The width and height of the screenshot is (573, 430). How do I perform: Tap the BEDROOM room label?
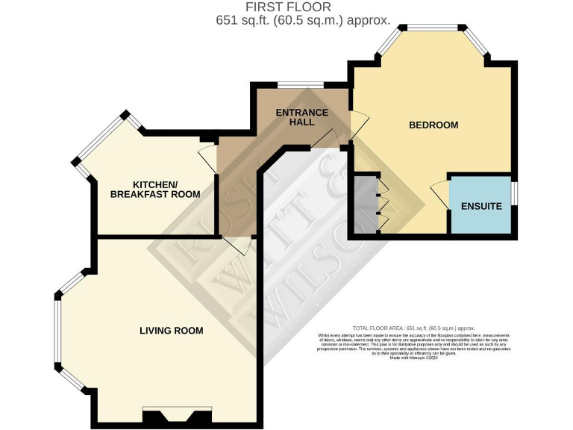pyautogui.click(x=433, y=125)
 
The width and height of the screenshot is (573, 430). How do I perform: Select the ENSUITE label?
pyautogui.click(x=481, y=205)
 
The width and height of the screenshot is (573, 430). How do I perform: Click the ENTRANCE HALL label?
pyautogui.click(x=302, y=118)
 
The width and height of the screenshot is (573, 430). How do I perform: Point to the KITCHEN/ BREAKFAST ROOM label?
pyautogui.click(x=155, y=190)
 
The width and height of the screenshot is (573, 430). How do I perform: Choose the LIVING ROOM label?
pyautogui.click(x=172, y=330)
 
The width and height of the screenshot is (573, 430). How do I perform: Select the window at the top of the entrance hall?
pyautogui.click(x=300, y=84)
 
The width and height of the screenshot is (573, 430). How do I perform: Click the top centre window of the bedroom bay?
pyautogui.click(x=433, y=28)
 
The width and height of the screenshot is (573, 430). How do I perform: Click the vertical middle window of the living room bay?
pyautogui.click(x=57, y=329)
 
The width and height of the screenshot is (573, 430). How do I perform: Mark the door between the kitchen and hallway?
pyautogui.click(x=207, y=156)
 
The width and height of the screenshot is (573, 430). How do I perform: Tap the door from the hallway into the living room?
pyautogui.click(x=231, y=246)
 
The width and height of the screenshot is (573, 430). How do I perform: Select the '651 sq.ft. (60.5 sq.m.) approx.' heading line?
pyautogui.click(x=299, y=20)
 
